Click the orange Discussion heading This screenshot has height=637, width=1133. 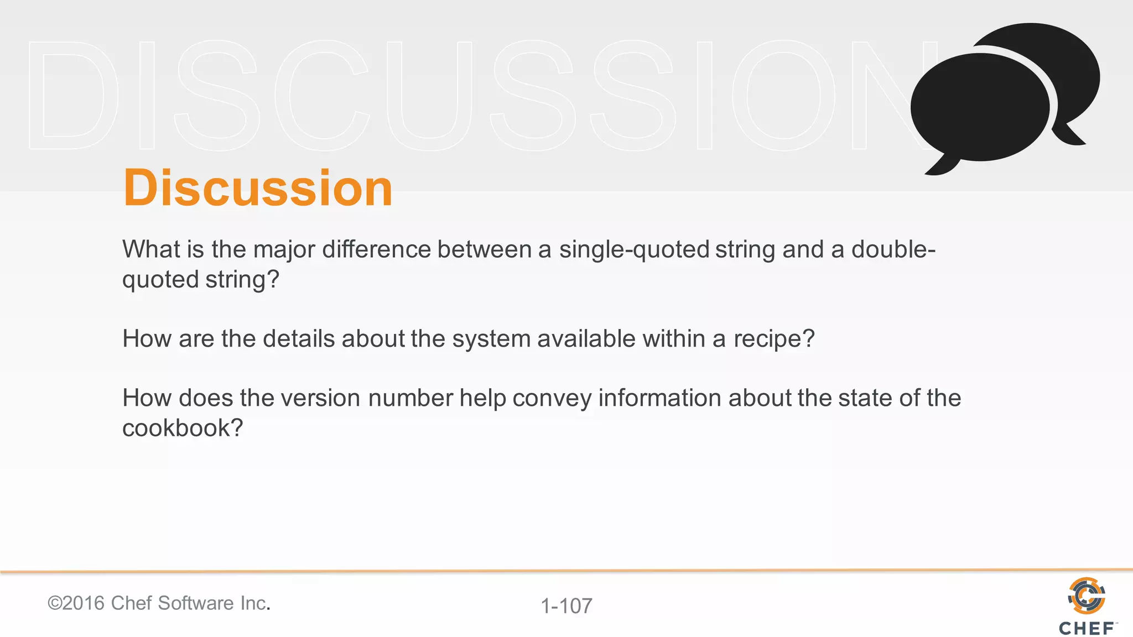[x=258, y=188]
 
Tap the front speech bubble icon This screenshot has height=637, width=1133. [x=979, y=108]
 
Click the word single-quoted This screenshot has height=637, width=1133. [x=634, y=249]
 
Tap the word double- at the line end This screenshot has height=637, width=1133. [x=893, y=249]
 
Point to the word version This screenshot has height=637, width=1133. [x=320, y=398]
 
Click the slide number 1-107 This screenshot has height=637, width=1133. [x=566, y=606]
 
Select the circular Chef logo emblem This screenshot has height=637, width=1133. [x=1087, y=596]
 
